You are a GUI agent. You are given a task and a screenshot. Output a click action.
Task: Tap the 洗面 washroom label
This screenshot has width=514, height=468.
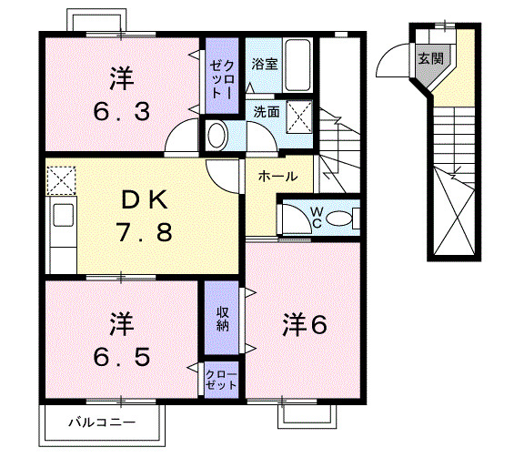pos(266,113)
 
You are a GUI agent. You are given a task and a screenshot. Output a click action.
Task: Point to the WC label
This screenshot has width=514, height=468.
pos(316,216)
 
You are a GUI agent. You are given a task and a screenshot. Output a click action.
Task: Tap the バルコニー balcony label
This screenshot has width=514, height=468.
pos(103,422)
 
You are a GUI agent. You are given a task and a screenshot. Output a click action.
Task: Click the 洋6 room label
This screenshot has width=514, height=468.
pos(303,323)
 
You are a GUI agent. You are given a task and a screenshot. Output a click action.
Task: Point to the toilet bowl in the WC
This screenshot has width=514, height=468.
pos(338,218)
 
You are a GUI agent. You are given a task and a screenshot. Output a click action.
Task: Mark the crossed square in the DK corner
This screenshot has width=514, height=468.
pos(61,179)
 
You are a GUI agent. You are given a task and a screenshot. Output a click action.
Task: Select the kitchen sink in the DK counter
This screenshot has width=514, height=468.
pos(64,218)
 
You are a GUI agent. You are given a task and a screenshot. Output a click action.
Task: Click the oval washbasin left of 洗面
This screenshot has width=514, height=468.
pos(217,136)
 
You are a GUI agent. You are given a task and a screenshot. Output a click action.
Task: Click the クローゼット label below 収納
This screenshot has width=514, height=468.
pos(221,380)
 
